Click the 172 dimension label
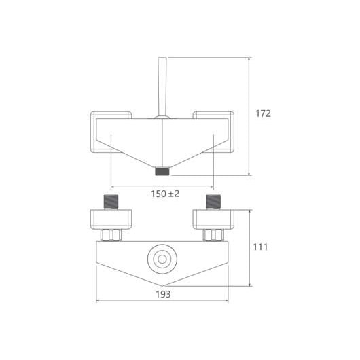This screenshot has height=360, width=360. [x=263, y=113]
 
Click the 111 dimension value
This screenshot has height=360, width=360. [x=260, y=247]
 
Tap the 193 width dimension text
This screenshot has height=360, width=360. [x=163, y=294]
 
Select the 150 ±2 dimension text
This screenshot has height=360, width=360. [x=165, y=194]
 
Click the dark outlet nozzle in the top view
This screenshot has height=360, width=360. [x=162, y=172]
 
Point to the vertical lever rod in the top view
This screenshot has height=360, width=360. [x=162, y=87]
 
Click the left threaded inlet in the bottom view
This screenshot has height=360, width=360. [x=111, y=202]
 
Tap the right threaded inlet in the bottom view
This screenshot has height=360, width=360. [x=213, y=202]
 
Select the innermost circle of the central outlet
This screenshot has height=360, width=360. [x=162, y=259]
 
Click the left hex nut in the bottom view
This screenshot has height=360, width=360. [x=111, y=235]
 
